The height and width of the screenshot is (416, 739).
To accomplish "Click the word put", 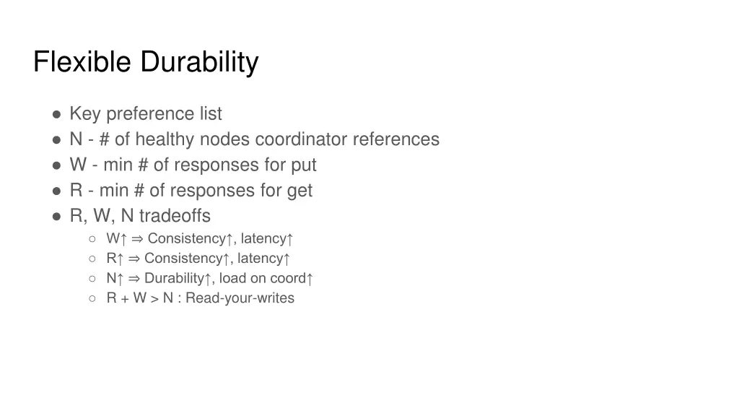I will click(304, 165).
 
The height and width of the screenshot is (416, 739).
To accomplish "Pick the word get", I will click(300, 191).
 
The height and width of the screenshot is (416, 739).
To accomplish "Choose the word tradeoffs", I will click(175, 216).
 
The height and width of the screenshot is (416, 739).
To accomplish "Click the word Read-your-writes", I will click(240, 298).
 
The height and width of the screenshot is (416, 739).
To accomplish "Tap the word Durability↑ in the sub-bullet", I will click(178, 278).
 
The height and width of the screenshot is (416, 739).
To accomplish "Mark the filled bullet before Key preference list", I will click(56, 114).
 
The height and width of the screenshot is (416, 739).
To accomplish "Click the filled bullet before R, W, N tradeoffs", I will click(56, 216).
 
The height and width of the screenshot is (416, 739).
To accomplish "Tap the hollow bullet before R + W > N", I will click(92, 298).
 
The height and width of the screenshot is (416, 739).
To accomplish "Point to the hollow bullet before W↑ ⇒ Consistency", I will click(92, 239).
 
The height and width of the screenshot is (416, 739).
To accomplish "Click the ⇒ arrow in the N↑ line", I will click(135, 278).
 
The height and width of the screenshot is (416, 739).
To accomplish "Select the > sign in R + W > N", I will click(154, 298).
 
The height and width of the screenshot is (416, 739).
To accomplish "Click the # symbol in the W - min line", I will click(143, 165).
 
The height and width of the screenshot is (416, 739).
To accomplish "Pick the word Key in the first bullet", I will click(84, 114).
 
